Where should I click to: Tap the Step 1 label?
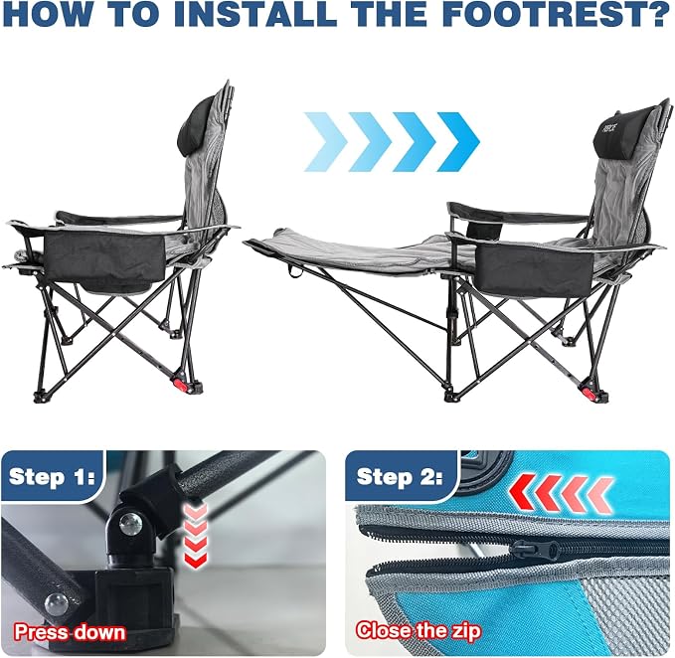(52, 477)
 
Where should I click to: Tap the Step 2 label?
(400, 477)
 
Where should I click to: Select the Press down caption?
(70, 632)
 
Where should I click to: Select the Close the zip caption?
(418, 631)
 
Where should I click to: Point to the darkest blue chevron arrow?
(459, 142)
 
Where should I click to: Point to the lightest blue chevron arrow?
(326, 142)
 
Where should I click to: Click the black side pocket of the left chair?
(104, 258)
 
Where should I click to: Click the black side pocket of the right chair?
(534, 269)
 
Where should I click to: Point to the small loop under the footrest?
(295, 271)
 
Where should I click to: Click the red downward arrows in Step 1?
(195, 537)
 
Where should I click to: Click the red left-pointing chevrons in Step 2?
(562, 494)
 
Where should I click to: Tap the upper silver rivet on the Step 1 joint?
(130, 524)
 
